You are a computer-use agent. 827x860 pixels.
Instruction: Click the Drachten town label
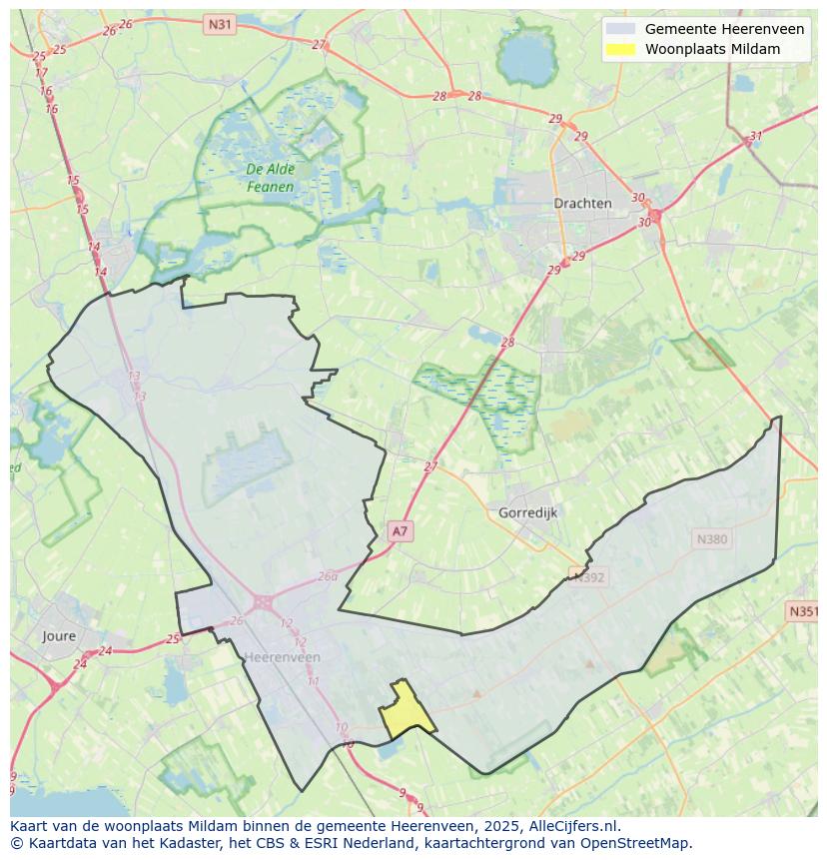(582, 203)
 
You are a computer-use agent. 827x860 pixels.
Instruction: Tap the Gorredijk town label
(527, 512)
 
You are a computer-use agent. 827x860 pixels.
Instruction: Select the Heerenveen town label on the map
(283, 656)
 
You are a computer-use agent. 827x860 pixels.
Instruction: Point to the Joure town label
(59, 635)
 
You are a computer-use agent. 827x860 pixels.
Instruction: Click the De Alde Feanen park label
(271, 178)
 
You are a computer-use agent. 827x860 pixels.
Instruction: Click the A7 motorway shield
(400, 531)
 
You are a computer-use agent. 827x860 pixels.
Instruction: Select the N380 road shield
(712, 539)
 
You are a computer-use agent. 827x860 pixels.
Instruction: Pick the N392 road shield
(589, 575)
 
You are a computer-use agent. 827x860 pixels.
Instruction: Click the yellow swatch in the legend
(619, 49)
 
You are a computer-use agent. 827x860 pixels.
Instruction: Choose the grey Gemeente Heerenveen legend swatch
(619, 29)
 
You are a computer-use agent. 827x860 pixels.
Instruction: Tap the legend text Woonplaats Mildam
(712, 49)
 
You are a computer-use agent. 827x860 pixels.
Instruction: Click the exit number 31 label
(756, 137)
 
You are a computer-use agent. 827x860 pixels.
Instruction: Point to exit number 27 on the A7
(430, 466)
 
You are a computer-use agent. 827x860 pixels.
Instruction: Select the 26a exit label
(328, 576)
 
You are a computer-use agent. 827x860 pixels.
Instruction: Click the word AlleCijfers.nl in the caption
(572, 826)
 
